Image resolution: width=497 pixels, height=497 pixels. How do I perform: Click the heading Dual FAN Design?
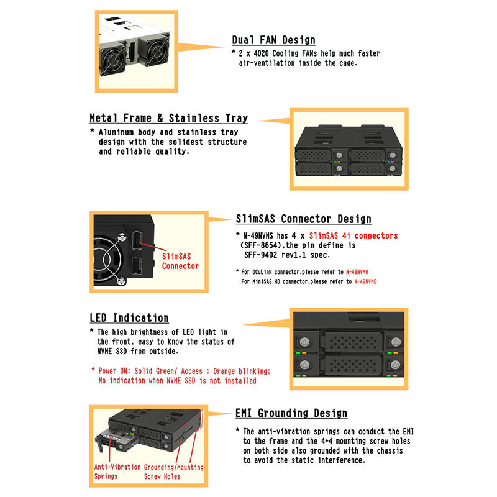(x=273, y=40)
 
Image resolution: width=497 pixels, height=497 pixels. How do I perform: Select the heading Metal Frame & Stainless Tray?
(x=168, y=118)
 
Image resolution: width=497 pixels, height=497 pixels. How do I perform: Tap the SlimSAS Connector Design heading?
(x=303, y=219)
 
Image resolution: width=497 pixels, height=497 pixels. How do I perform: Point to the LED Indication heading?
(x=129, y=318)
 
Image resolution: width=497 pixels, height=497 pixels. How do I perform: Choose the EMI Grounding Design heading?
(x=291, y=413)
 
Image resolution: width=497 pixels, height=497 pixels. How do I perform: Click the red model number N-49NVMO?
(x=357, y=272)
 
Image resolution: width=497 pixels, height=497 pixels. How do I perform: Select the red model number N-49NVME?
(x=365, y=281)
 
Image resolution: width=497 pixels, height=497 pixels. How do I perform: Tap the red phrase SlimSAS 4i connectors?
(x=353, y=236)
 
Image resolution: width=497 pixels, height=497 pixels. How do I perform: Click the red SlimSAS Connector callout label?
(x=180, y=261)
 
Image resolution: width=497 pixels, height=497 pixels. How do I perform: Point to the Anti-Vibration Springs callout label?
(x=117, y=472)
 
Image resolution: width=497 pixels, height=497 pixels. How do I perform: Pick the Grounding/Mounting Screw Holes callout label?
(x=174, y=472)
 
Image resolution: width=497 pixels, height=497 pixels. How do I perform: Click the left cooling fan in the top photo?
(x=112, y=60)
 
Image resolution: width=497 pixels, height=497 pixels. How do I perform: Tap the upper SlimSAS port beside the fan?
(x=137, y=240)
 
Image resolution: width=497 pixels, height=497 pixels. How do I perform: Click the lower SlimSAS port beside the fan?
(x=137, y=266)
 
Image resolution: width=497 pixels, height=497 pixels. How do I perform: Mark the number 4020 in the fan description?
(x=261, y=53)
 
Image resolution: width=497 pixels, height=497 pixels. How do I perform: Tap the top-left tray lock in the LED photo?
(x=304, y=342)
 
